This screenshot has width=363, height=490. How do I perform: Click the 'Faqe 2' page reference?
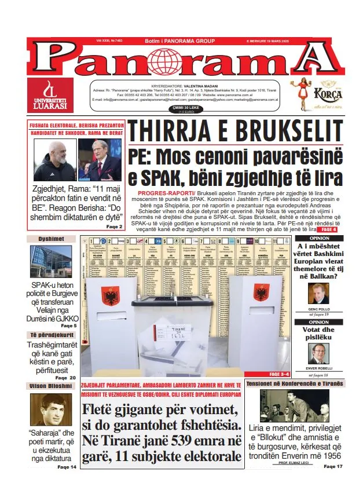coord(113,226)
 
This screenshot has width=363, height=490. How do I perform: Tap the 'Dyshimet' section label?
coord(51,239)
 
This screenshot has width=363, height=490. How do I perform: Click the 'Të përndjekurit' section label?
coord(51,335)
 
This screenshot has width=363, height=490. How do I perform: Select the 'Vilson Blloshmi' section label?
coord(51,386)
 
